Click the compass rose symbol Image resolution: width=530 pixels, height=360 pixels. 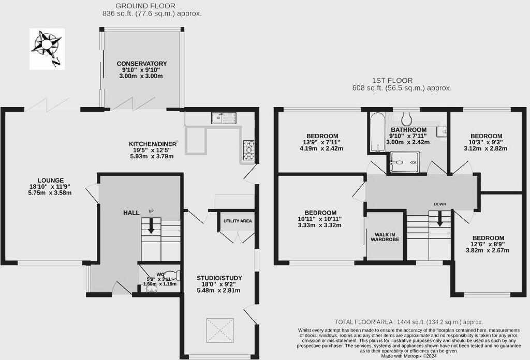click(x=47, y=49)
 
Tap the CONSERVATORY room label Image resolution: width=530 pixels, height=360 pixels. click(x=141, y=64)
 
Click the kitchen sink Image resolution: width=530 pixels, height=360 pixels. click(x=224, y=118)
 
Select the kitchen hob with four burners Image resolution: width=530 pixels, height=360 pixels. click(x=249, y=150)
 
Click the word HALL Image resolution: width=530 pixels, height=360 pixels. click(x=131, y=213)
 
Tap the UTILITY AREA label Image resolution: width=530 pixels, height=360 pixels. click(x=238, y=221)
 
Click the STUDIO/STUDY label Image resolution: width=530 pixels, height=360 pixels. click(x=219, y=278)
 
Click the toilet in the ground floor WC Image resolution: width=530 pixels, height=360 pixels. click(x=174, y=275)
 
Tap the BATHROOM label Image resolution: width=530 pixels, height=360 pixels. click(x=409, y=130)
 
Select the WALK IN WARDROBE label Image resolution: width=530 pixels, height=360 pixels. click(x=385, y=237)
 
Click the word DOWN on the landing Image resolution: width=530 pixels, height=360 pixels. click(x=440, y=204)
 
